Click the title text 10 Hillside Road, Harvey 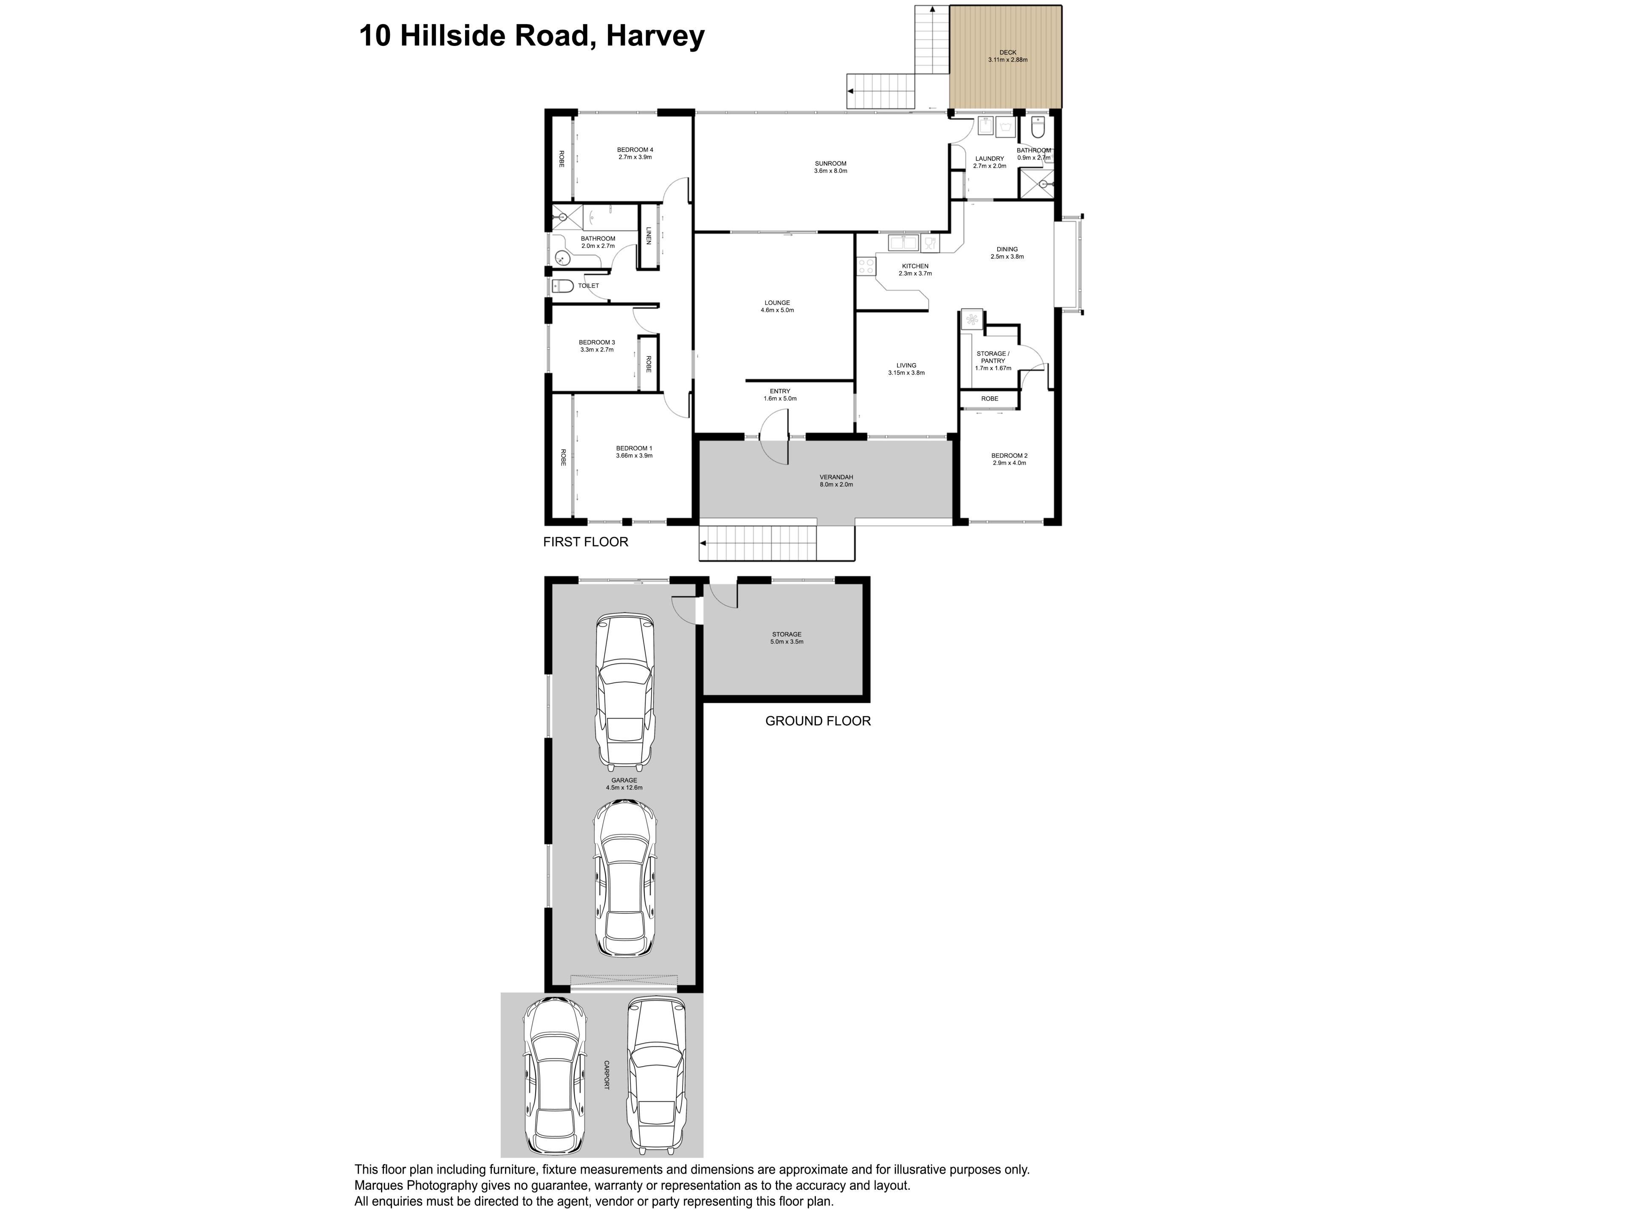click(532, 35)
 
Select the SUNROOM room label click(830, 163)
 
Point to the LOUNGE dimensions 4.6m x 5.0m click(777, 310)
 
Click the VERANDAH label click(836, 477)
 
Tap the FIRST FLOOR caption click(585, 542)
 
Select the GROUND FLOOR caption click(818, 721)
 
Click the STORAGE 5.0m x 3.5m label click(787, 638)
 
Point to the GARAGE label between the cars click(624, 780)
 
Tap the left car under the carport click(554, 1077)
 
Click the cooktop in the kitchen click(866, 266)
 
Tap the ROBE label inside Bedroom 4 click(561, 159)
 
